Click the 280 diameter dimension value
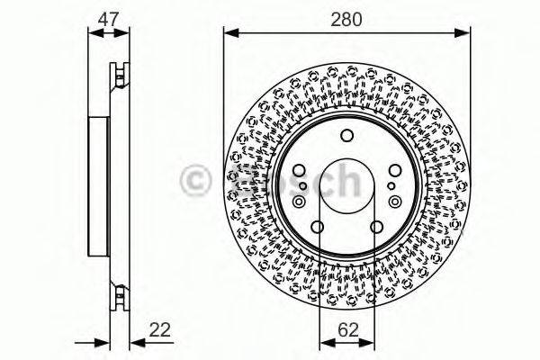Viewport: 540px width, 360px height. click(346, 16)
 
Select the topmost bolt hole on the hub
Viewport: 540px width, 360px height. click(347, 137)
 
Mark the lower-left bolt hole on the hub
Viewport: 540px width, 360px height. click(318, 226)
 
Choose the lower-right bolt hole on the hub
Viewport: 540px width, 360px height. click(376, 226)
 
